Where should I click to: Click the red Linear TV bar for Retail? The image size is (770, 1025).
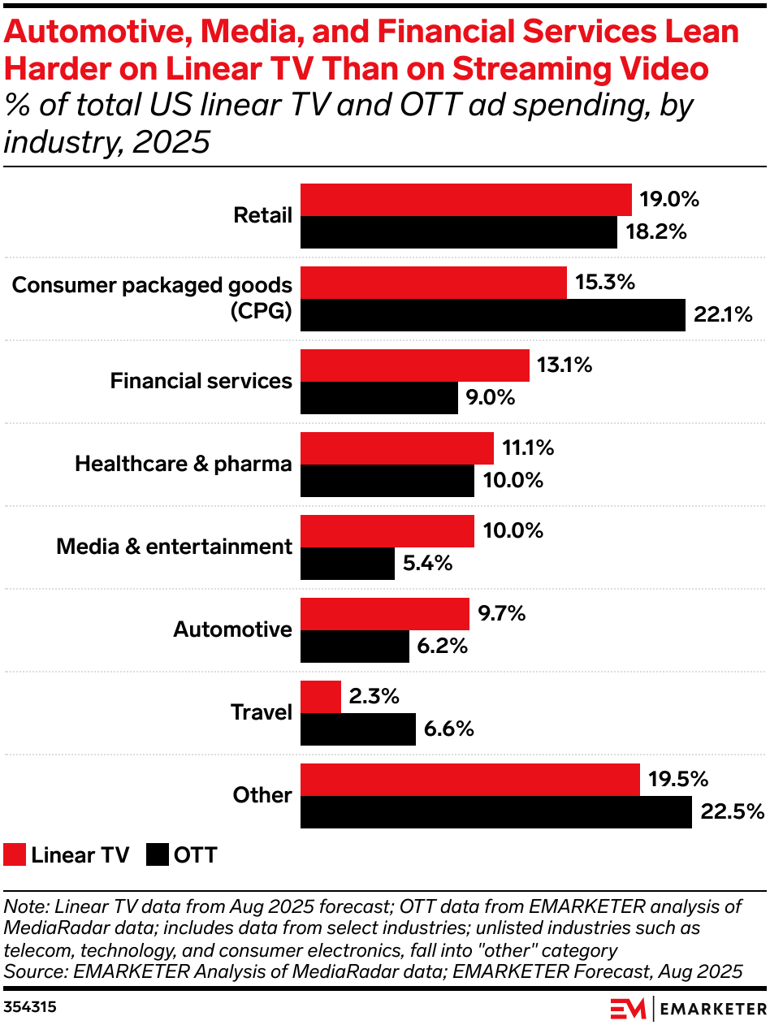(x=465, y=200)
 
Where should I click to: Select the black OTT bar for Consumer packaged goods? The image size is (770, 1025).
(x=493, y=315)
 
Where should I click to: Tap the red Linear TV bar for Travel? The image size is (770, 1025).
(x=321, y=697)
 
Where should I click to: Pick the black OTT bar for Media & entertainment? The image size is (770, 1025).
(x=348, y=564)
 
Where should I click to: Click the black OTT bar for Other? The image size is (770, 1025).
(x=496, y=812)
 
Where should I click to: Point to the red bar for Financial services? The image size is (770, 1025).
(x=414, y=365)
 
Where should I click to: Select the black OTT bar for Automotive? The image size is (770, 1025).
(x=355, y=647)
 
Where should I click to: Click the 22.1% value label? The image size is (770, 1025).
(x=723, y=315)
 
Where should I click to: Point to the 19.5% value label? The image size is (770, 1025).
(x=678, y=780)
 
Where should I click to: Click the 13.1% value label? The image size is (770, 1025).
(x=565, y=365)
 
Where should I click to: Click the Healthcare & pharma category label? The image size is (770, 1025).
(x=184, y=464)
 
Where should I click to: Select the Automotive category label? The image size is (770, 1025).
(x=233, y=629)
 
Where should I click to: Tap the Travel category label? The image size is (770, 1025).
(x=261, y=712)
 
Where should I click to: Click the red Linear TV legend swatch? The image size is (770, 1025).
(x=15, y=854)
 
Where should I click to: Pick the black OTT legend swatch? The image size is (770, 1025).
(x=158, y=854)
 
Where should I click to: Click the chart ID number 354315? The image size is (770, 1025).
(x=30, y=1007)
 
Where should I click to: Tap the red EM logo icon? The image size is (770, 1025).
(x=627, y=1008)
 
